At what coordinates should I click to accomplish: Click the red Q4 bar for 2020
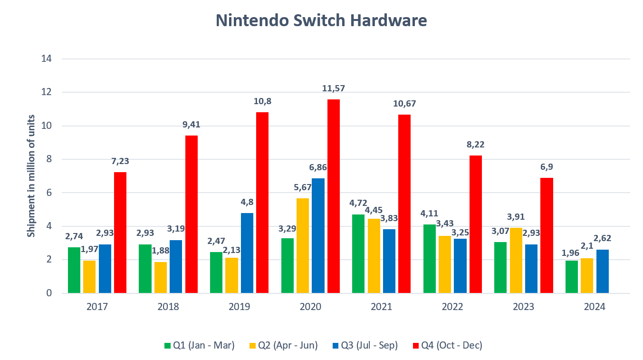(x=334, y=196)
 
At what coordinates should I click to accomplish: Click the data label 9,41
(x=191, y=126)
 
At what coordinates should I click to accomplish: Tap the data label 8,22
(x=475, y=145)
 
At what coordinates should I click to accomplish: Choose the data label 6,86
(x=318, y=167)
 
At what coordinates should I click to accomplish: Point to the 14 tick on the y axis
(x=47, y=59)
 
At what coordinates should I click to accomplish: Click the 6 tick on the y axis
(x=49, y=193)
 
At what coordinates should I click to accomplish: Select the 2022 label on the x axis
(x=452, y=307)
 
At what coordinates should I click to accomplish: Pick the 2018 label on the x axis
(x=168, y=307)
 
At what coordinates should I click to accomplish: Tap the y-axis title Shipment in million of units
(x=31, y=176)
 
